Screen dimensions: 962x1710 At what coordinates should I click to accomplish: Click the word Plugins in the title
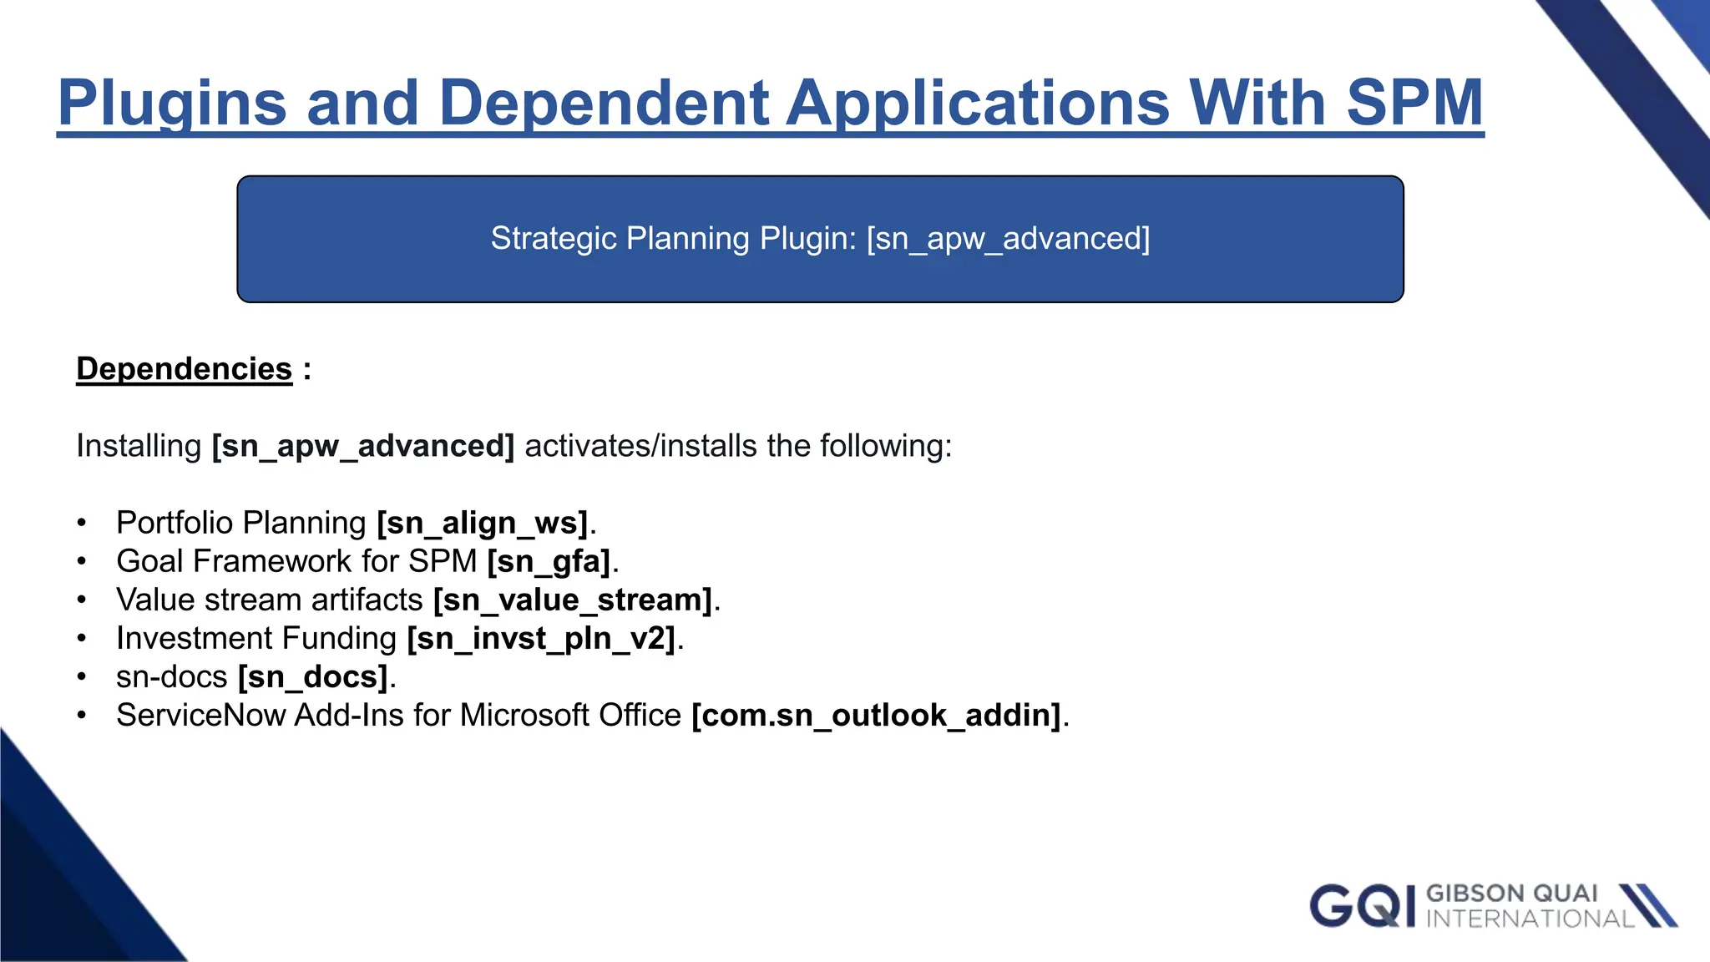[x=172, y=104]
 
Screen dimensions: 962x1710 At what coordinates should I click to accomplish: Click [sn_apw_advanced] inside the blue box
[x=1008, y=239]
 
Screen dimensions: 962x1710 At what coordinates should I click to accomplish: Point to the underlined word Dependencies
[x=184, y=369]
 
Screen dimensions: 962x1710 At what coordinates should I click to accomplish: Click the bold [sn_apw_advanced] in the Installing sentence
[x=363, y=446]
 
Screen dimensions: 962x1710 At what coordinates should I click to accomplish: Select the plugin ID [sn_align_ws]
[x=483, y=524]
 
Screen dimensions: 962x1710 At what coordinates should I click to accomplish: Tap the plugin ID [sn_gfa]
[x=549, y=562]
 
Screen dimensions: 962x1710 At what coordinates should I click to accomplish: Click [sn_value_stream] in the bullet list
[x=573, y=600]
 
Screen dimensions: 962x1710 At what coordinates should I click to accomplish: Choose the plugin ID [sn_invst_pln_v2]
[x=541, y=639]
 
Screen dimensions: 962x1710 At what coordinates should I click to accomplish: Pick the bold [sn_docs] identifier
[x=313, y=677]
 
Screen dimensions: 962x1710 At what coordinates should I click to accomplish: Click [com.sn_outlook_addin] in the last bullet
[x=877, y=716]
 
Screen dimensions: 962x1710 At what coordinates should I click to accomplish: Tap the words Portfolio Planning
[x=241, y=524]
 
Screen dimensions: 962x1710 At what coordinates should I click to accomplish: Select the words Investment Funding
[x=256, y=639]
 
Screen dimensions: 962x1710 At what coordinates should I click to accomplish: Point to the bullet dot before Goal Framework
[x=82, y=562]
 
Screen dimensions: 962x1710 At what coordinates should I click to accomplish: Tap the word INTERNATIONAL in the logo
[x=1529, y=919]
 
